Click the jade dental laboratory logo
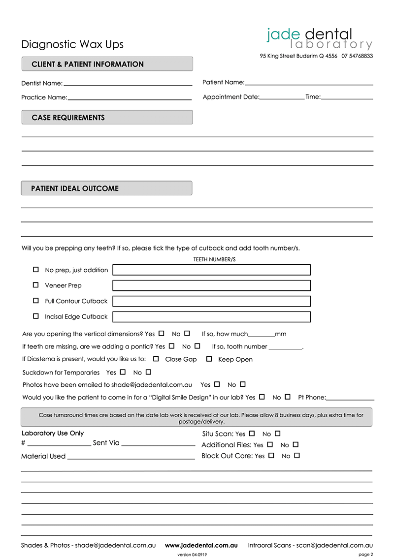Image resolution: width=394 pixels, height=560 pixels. (x=319, y=39)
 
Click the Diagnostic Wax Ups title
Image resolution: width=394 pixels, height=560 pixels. (x=72, y=44)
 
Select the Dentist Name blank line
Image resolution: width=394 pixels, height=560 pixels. (x=128, y=84)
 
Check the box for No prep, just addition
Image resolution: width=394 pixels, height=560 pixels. (x=35, y=270)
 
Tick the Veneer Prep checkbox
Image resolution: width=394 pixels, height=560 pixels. (x=35, y=285)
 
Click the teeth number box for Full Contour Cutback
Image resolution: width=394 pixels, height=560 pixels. (x=211, y=301)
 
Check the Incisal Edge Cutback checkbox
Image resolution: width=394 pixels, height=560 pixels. (x=35, y=316)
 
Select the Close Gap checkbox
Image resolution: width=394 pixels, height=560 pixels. (x=156, y=359)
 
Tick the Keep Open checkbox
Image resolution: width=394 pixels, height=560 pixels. (x=209, y=359)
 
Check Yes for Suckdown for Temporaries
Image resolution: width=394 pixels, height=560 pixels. (x=123, y=373)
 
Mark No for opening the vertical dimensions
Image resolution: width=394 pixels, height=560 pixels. (x=187, y=334)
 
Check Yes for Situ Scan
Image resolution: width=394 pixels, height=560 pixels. (x=252, y=434)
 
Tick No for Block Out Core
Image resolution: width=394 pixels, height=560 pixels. (x=296, y=456)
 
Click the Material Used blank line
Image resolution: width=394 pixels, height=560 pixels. (x=131, y=458)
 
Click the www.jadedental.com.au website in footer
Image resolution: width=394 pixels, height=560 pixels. (x=201, y=545)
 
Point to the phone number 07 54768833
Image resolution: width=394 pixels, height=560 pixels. (x=357, y=56)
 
